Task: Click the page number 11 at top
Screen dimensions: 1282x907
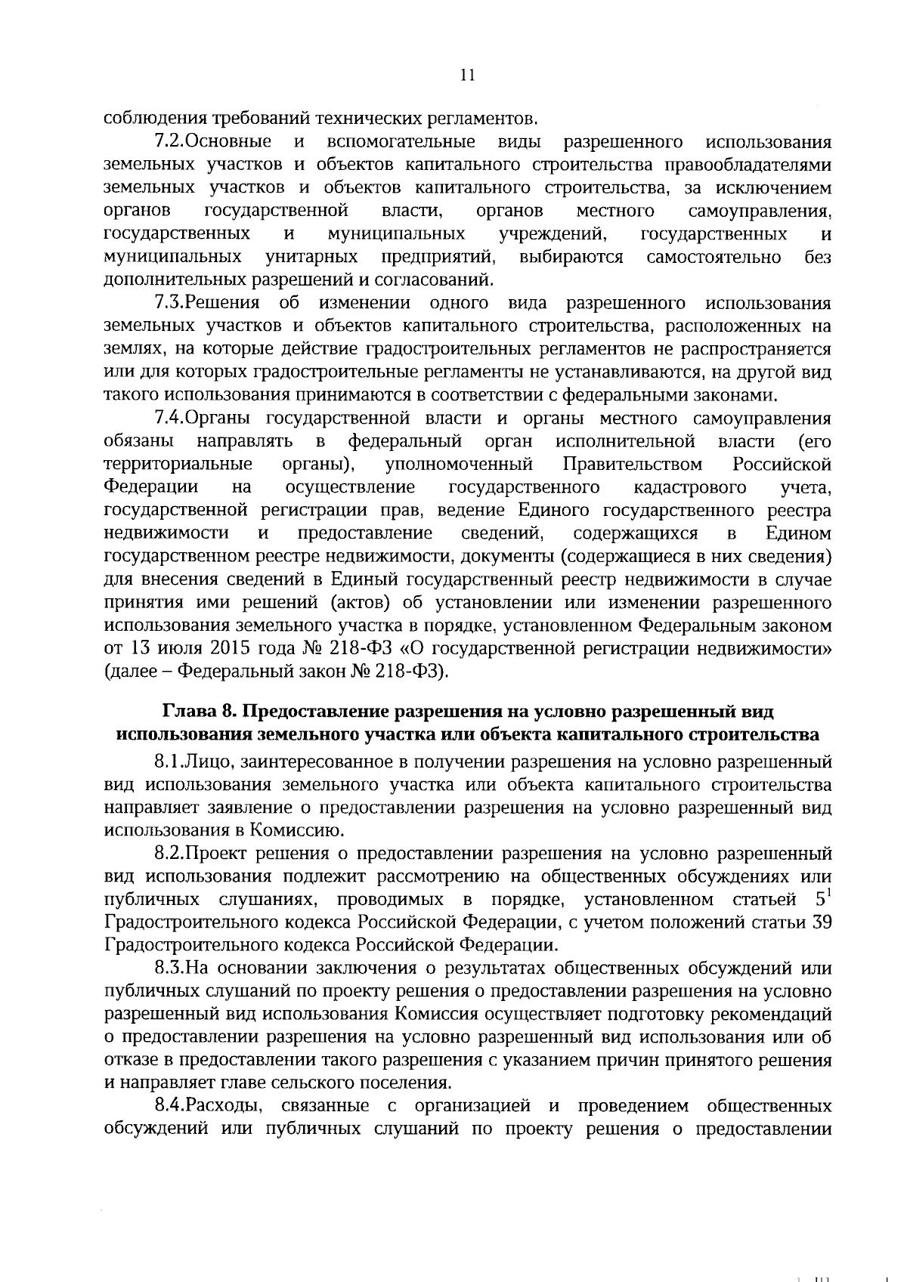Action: click(466, 74)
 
